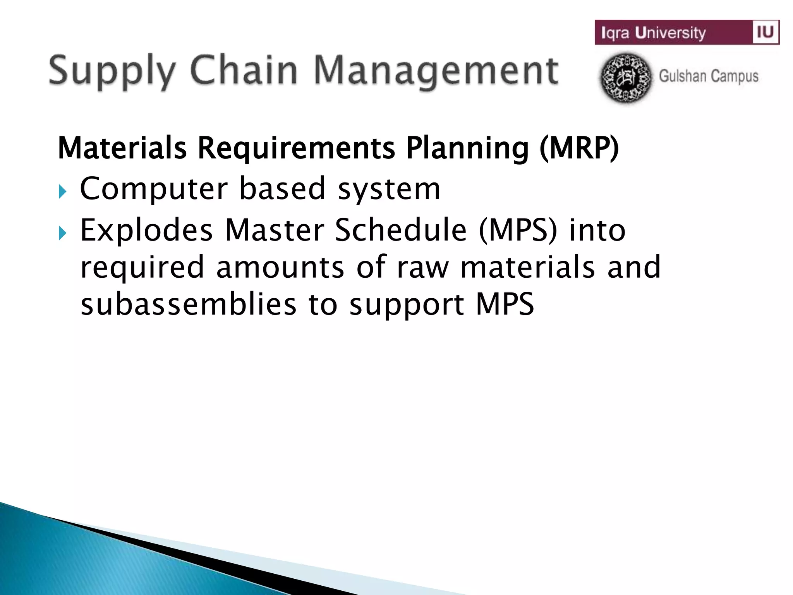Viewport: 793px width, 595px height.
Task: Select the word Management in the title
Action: point(436,71)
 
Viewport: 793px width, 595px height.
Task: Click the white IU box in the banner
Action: point(765,32)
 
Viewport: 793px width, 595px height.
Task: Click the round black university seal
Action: point(626,78)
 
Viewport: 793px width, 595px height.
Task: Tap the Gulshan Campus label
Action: point(709,76)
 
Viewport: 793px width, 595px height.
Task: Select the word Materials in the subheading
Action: point(122,148)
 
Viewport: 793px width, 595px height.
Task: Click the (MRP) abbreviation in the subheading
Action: point(578,148)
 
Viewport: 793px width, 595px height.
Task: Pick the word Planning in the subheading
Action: point(467,149)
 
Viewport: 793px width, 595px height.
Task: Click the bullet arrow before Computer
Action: point(62,191)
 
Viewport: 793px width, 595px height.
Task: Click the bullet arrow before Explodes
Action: point(62,233)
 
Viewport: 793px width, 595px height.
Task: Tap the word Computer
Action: point(153,189)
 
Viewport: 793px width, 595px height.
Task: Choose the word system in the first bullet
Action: point(389,189)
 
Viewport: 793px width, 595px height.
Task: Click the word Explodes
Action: point(146,231)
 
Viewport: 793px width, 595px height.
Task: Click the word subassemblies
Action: point(188,304)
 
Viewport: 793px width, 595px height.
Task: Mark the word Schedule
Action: point(401,230)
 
